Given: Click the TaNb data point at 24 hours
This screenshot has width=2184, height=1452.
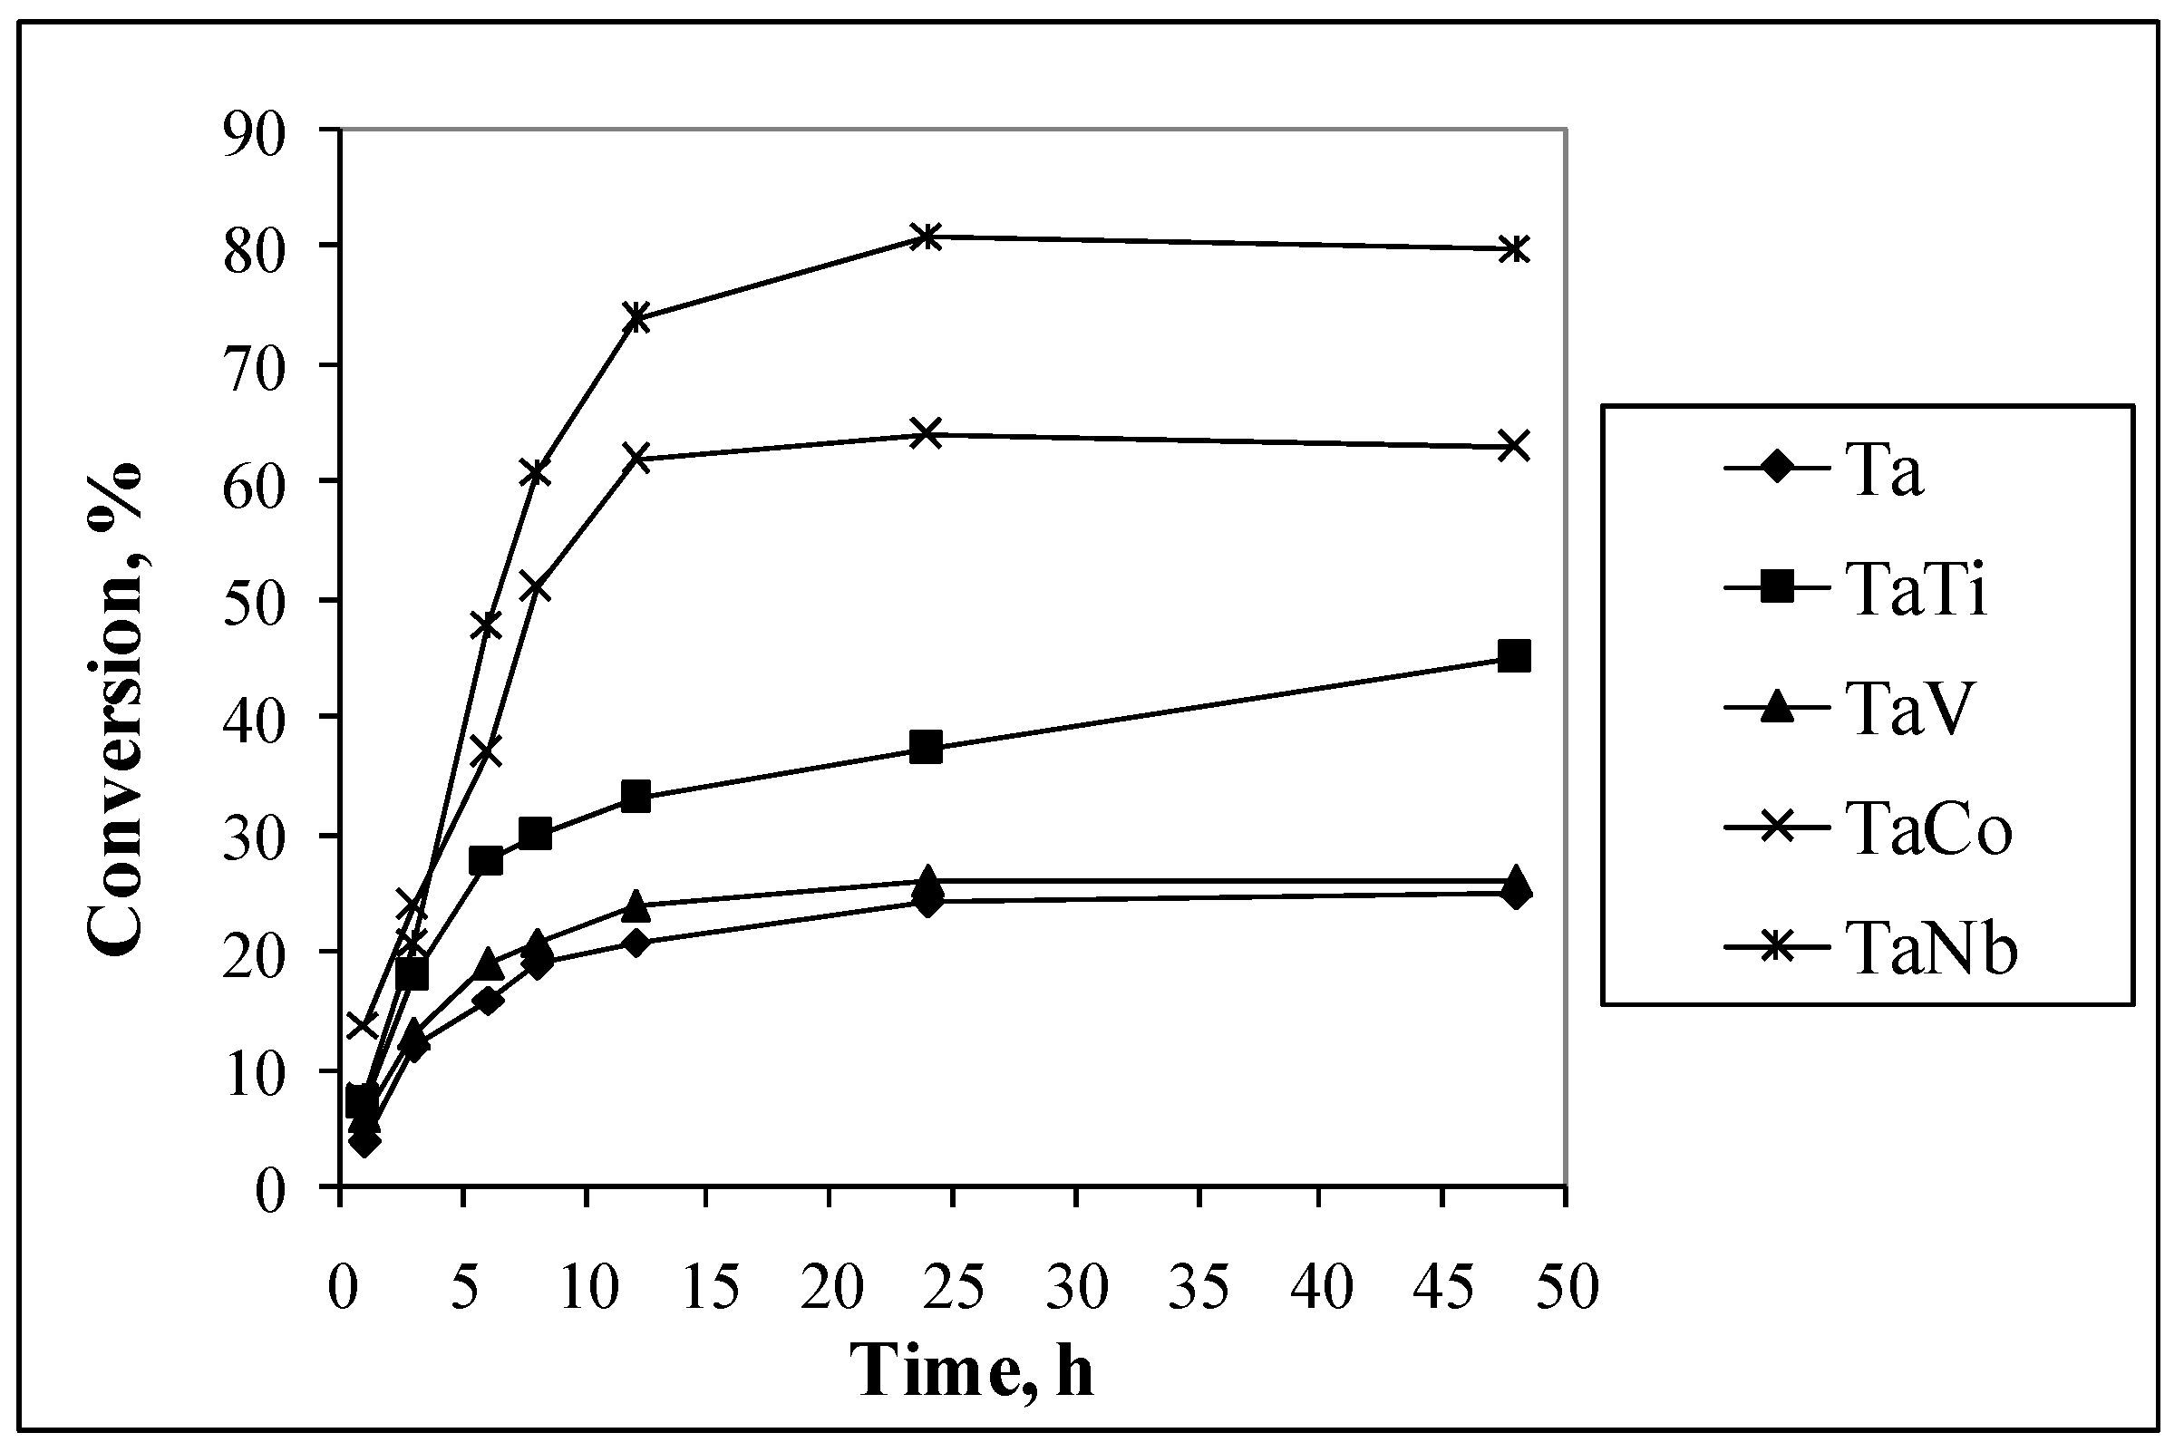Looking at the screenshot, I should click(927, 237).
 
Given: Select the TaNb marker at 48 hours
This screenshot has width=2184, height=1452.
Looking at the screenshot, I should click(1513, 249).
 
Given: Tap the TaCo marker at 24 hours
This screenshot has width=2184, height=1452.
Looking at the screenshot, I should click(927, 433).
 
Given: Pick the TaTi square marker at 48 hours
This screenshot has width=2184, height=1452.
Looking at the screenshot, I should click(1513, 656).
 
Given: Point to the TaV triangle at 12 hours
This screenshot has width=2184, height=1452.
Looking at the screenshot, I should click(636, 905).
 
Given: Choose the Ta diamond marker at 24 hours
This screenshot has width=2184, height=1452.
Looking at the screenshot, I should click(927, 900).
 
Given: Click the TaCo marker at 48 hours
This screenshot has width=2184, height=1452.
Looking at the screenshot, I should click(1513, 446).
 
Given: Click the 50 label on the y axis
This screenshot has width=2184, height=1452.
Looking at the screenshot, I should click(252, 600).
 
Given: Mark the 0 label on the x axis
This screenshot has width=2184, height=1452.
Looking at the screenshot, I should click(343, 1287).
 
